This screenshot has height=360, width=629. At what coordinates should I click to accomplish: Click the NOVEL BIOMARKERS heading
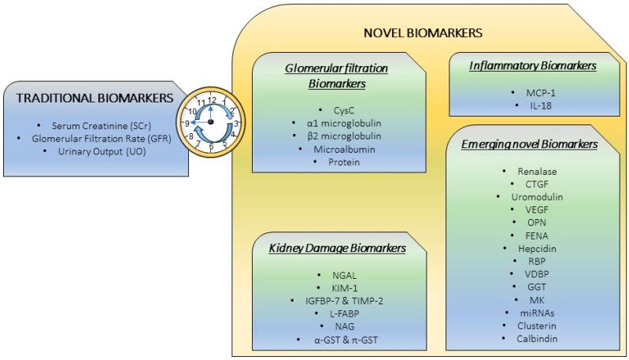[x=423, y=34]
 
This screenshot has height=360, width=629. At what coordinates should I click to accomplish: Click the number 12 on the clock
[x=211, y=100]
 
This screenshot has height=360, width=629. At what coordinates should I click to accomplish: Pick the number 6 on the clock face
[x=210, y=147]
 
